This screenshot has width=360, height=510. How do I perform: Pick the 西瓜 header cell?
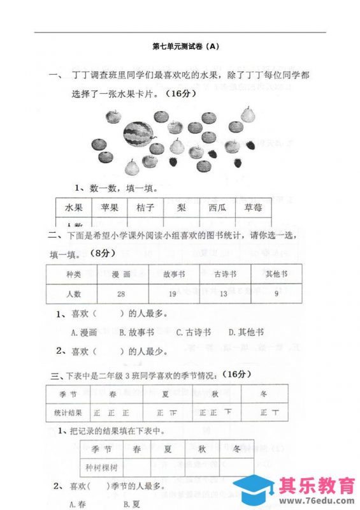coord(209,208)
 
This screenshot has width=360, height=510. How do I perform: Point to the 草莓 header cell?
coord(245,208)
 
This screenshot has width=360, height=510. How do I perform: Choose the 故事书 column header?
coord(173,274)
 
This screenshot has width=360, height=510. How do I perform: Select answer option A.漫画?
coord(84,332)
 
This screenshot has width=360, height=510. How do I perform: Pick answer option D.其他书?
coord(246,332)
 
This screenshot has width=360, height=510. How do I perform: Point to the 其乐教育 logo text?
coord(317,485)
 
